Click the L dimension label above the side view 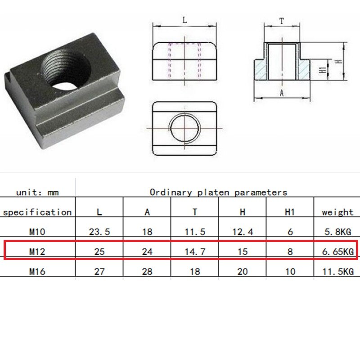(185, 20)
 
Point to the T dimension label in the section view (282, 21)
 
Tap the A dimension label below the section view (282, 93)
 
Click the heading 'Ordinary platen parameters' (218, 192)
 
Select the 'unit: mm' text (38, 192)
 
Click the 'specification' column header (37, 212)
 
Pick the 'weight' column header (337, 212)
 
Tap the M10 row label (37, 232)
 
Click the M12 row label (37, 252)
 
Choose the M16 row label (37, 271)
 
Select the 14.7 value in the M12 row (195, 252)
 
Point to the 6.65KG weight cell (337, 252)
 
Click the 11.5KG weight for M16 (337, 271)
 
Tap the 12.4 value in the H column (243, 232)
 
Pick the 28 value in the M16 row (147, 271)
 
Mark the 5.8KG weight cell (337, 232)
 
